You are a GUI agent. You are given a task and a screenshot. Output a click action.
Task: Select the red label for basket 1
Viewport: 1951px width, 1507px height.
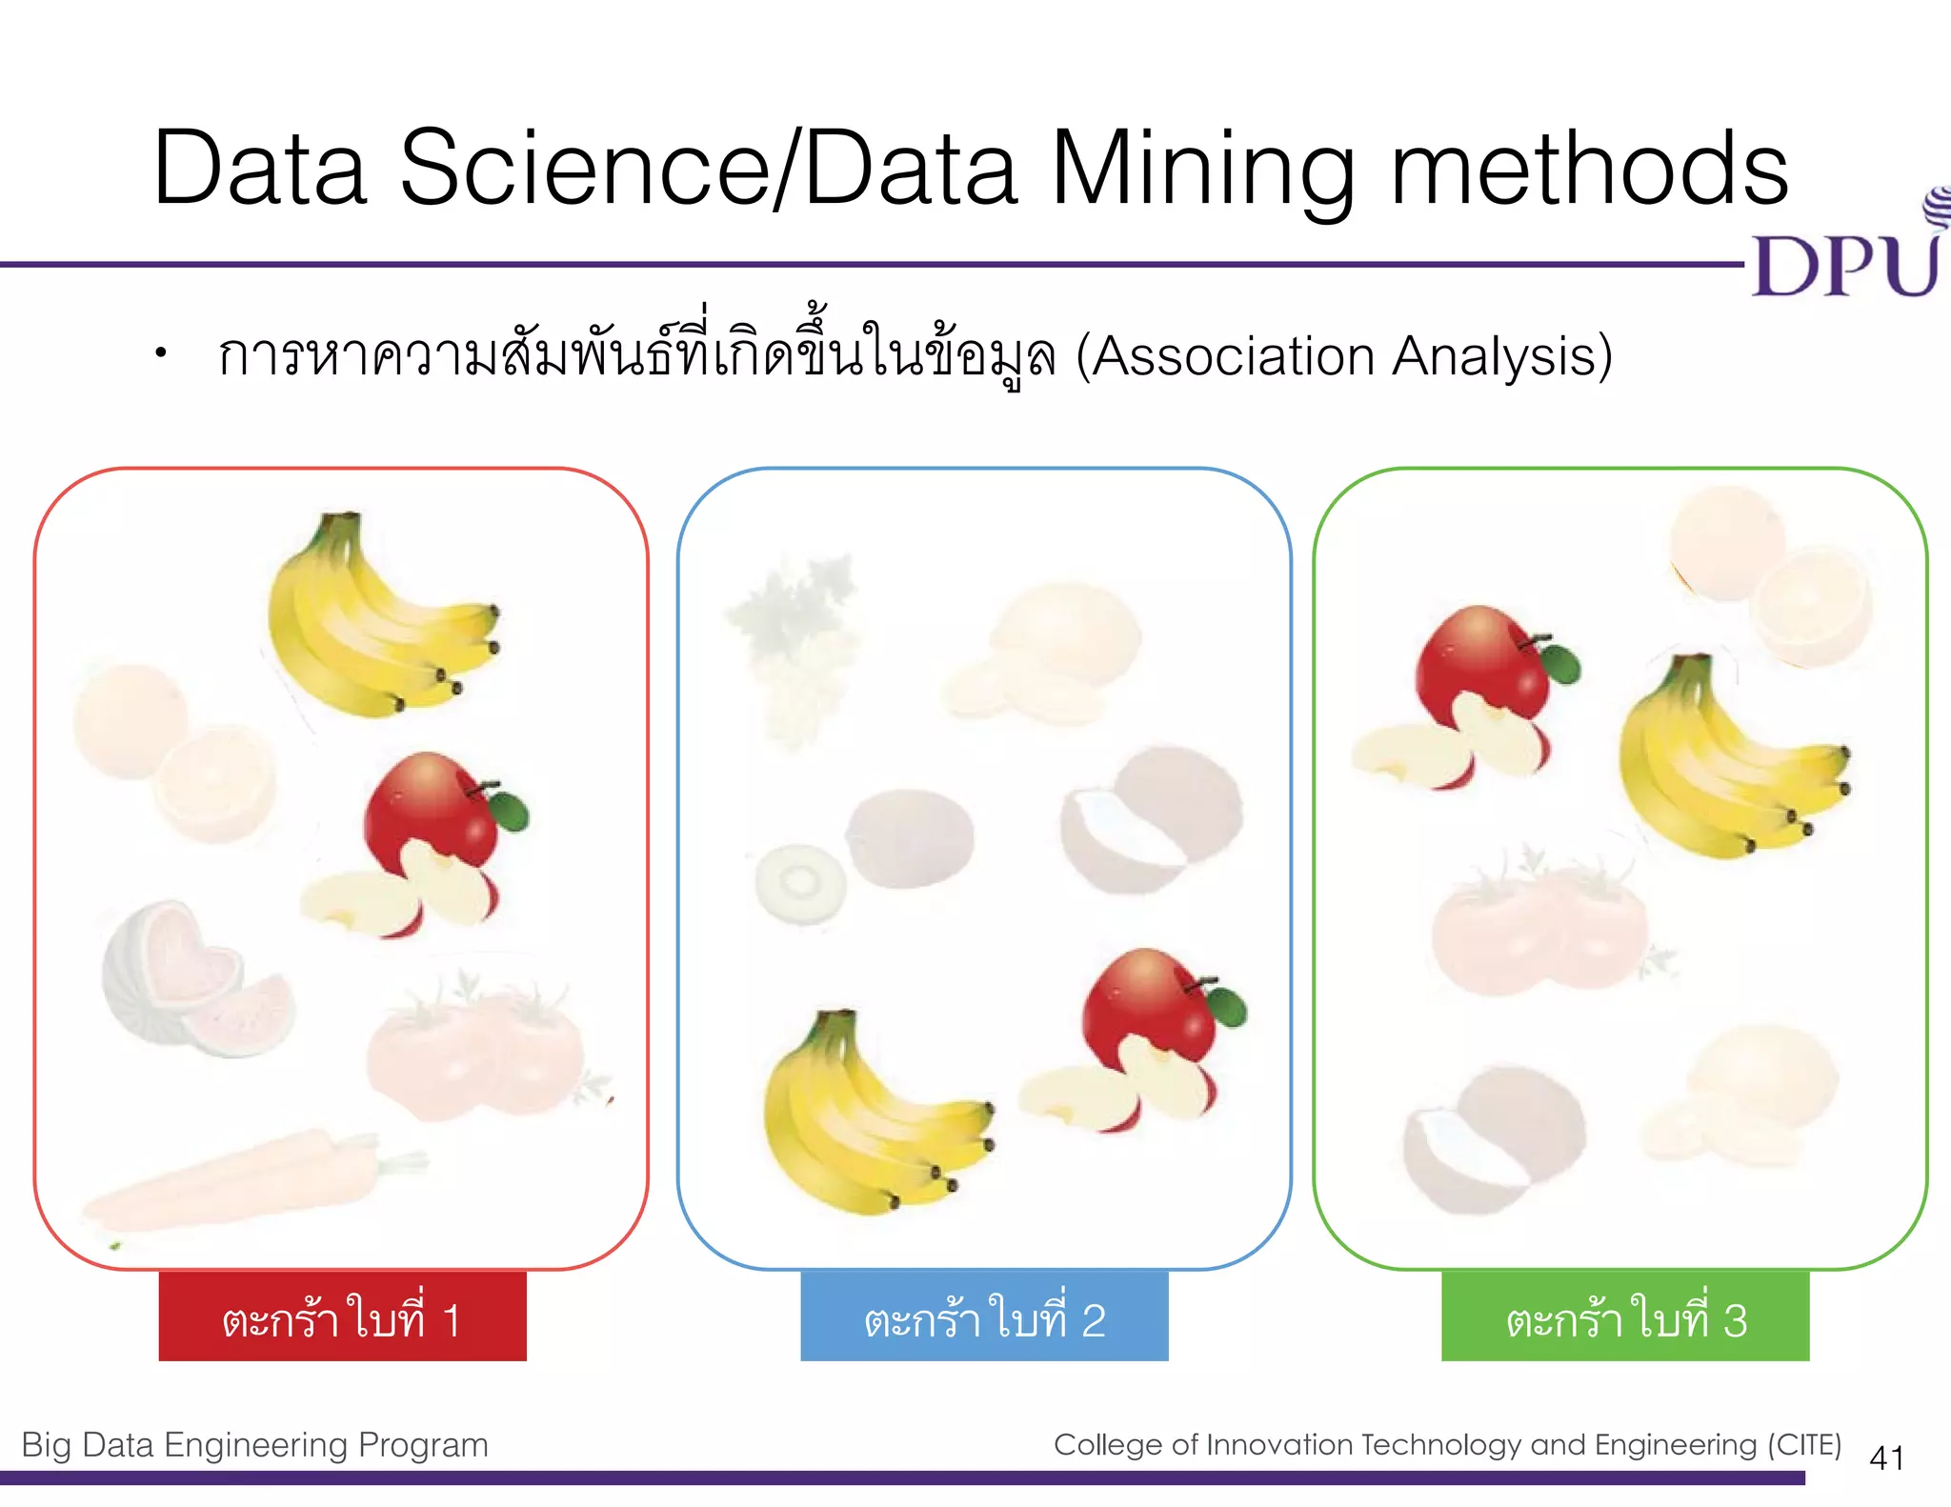pyautogui.click(x=342, y=1316)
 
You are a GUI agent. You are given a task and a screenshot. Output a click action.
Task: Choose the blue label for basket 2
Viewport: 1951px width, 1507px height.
pyautogui.click(x=984, y=1316)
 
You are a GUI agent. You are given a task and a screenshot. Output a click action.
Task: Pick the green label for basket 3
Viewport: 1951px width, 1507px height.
pyautogui.click(x=1625, y=1316)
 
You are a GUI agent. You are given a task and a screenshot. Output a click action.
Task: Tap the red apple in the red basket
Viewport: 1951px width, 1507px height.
pyautogui.click(x=429, y=838)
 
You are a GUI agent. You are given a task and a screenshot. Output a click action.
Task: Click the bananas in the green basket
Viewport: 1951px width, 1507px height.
pyautogui.click(x=1724, y=762)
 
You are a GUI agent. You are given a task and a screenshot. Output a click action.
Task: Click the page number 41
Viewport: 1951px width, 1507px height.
pyautogui.click(x=1886, y=1457)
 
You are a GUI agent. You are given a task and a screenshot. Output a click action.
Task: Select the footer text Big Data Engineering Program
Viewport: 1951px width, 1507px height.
pyautogui.click(x=254, y=1445)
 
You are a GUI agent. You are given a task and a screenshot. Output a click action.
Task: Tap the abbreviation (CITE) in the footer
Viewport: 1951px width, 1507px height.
pyautogui.click(x=1804, y=1444)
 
